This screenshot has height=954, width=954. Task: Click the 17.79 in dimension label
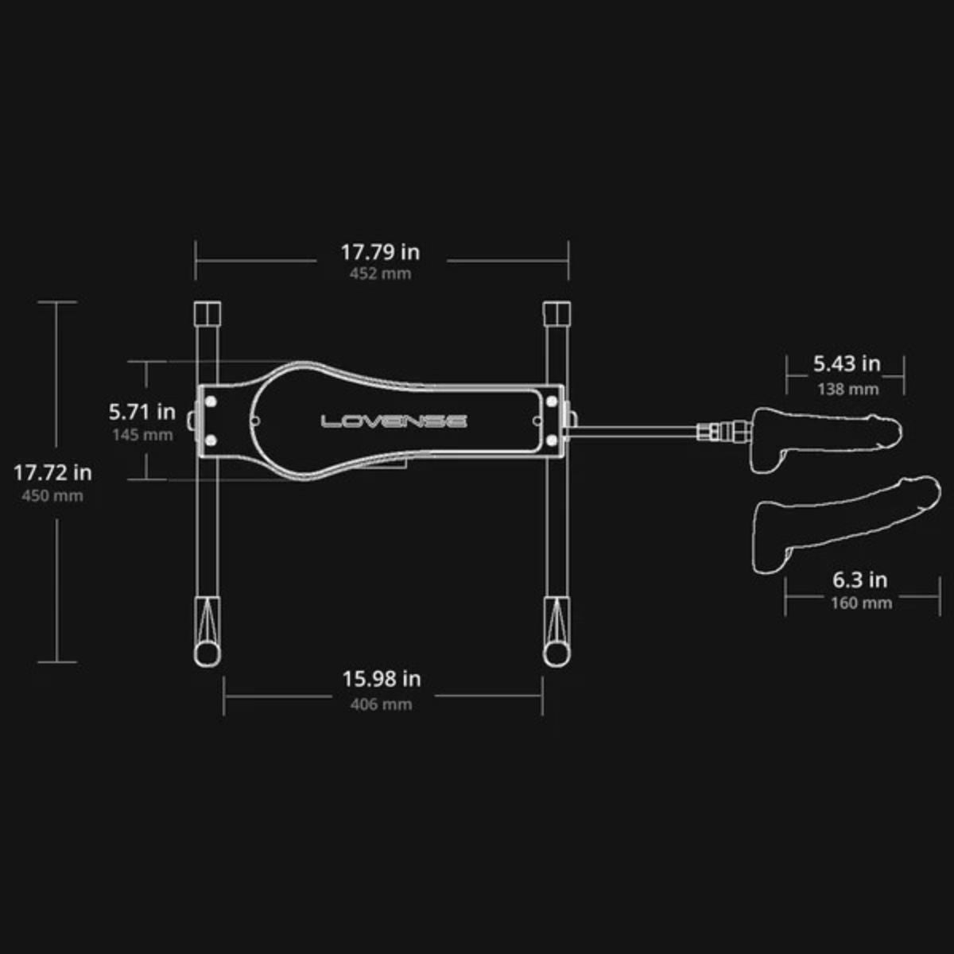pyautogui.click(x=380, y=253)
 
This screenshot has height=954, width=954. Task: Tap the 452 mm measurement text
pyautogui.click(x=380, y=273)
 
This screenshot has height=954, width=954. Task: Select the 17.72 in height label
pyautogui.click(x=52, y=473)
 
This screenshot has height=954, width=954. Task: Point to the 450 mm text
pyautogui.click(x=52, y=495)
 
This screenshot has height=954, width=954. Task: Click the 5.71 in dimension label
pyautogui.click(x=142, y=412)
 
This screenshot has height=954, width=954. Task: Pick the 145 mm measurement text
pyautogui.click(x=142, y=435)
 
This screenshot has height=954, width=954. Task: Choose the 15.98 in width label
pyautogui.click(x=382, y=679)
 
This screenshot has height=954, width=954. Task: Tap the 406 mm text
pyautogui.click(x=382, y=704)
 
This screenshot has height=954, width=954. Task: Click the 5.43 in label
pyautogui.click(x=847, y=364)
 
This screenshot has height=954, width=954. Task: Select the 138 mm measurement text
pyautogui.click(x=848, y=390)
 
